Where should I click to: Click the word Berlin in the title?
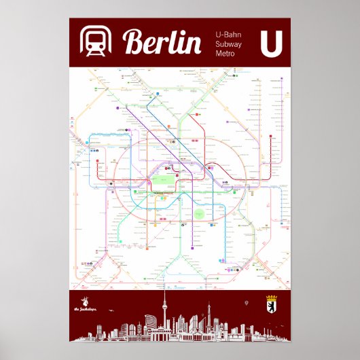(162, 43)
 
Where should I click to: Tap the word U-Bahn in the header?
(228, 33)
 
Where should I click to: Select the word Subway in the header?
(228, 43)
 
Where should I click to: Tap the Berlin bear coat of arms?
(271, 307)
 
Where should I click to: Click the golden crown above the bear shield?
(271, 297)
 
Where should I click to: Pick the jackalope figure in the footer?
(86, 301)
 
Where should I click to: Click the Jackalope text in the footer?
(86, 310)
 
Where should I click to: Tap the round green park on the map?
(199, 214)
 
